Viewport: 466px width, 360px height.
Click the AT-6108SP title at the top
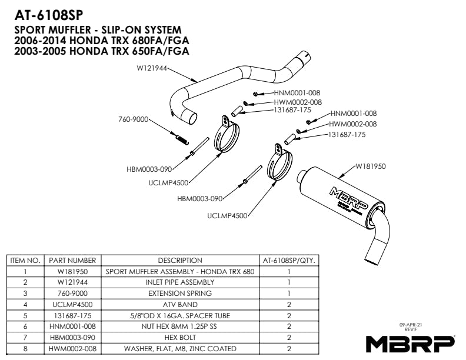49,15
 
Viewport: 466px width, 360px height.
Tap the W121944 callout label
151,68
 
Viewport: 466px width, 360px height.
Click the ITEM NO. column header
25,260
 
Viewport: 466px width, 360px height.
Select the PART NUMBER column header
72,260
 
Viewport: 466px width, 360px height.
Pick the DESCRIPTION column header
180,260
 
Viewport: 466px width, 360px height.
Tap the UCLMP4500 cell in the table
72,305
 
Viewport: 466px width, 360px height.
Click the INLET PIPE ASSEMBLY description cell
180,282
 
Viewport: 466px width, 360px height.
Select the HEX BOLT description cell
180,338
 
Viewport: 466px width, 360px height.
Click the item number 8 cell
25,349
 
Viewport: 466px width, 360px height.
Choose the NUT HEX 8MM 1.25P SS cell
180,326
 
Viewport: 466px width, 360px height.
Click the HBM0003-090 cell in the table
72,338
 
